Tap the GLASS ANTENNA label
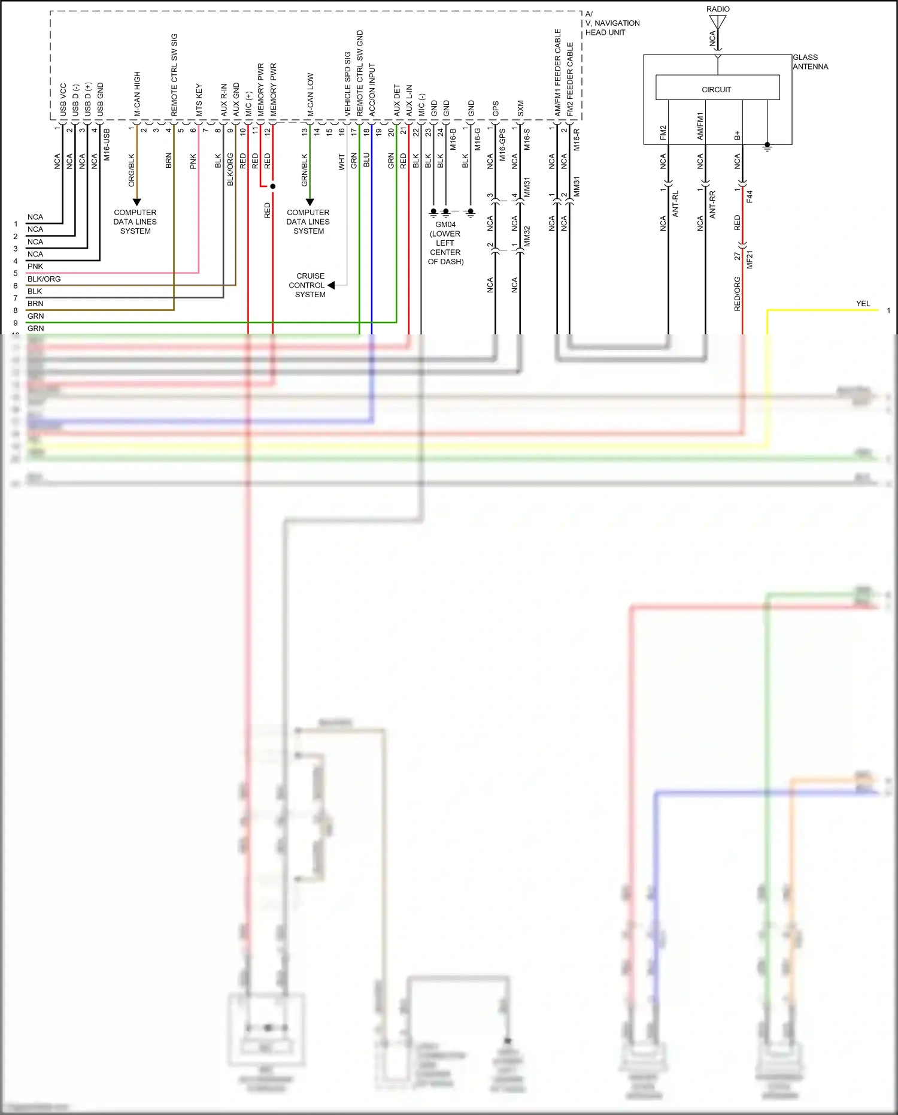point(810,62)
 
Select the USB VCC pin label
point(63,99)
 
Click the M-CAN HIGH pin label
point(137,94)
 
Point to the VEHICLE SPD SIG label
point(347,84)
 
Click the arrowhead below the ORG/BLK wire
point(136,203)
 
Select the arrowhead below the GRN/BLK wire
point(310,203)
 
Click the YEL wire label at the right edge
point(863,304)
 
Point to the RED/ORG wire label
point(738,294)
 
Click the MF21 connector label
point(750,259)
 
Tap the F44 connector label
point(750,197)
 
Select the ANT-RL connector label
point(675,204)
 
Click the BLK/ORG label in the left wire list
point(44,279)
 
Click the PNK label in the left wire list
point(35,267)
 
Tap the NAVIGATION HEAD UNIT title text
point(612,28)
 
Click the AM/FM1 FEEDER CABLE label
point(558,72)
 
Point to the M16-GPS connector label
point(502,144)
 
